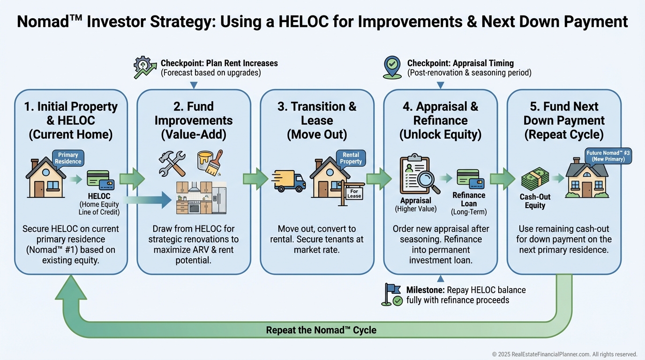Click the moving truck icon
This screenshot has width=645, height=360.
[x=289, y=181]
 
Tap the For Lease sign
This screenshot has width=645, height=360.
[x=354, y=194]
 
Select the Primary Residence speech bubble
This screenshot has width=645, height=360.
[x=68, y=158]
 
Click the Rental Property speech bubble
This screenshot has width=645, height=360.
[x=351, y=158]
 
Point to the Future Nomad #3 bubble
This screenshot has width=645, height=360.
[x=608, y=156]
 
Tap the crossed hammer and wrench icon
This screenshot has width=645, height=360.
[x=172, y=164]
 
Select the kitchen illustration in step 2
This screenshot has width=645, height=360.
[x=201, y=198]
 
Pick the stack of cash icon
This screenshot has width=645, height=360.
[x=535, y=179]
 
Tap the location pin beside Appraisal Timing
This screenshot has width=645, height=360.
[x=392, y=67]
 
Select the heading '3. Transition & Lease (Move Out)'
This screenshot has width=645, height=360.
[x=317, y=120]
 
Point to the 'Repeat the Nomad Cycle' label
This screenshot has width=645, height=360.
[x=321, y=330]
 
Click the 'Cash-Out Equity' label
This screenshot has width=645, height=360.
[x=535, y=201]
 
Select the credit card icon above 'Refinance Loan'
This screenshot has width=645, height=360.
[x=471, y=179]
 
